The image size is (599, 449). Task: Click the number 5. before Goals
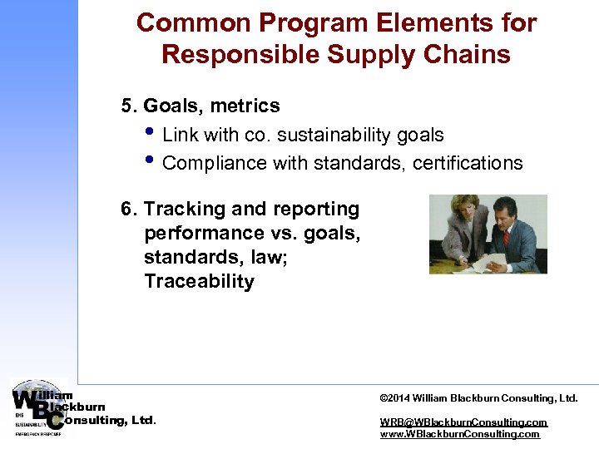pyautogui.click(x=130, y=106)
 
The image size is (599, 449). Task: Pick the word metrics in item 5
pyautogui.click(x=245, y=106)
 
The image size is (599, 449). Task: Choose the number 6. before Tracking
pyautogui.click(x=130, y=210)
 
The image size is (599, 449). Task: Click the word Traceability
pyautogui.click(x=199, y=282)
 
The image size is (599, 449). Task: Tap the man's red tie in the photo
pyautogui.click(x=505, y=239)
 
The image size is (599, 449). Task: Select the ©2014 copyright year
pyautogui.click(x=394, y=398)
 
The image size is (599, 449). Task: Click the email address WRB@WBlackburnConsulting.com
pyautogui.click(x=463, y=422)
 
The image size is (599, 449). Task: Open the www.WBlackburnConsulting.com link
pyautogui.click(x=459, y=434)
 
